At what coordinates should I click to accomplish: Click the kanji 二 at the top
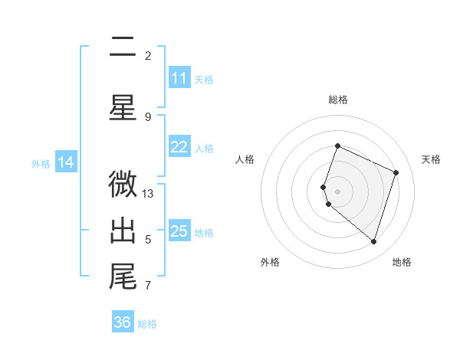[x=123, y=48]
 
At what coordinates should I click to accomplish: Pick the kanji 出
[x=123, y=230]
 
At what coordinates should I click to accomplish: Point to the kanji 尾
[x=123, y=276]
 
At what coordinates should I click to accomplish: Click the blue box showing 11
[x=179, y=78]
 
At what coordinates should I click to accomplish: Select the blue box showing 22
[x=179, y=148]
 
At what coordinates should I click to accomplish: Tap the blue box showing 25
[x=179, y=231]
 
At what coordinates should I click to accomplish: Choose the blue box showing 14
[x=66, y=162]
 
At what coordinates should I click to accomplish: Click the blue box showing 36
[x=123, y=322]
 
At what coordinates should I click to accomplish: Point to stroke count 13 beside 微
[x=148, y=193]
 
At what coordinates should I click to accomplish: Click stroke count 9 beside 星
[x=148, y=116]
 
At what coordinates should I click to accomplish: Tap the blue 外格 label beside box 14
[x=41, y=163]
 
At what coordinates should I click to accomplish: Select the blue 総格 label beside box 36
[x=147, y=324]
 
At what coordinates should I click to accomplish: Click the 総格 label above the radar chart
[x=338, y=100]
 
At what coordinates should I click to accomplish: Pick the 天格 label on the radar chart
[x=431, y=159]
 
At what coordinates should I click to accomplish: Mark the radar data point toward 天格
[x=396, y=172]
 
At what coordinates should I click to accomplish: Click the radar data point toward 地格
[x=373, y=241]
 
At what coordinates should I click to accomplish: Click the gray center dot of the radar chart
[x=338, y=191]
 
